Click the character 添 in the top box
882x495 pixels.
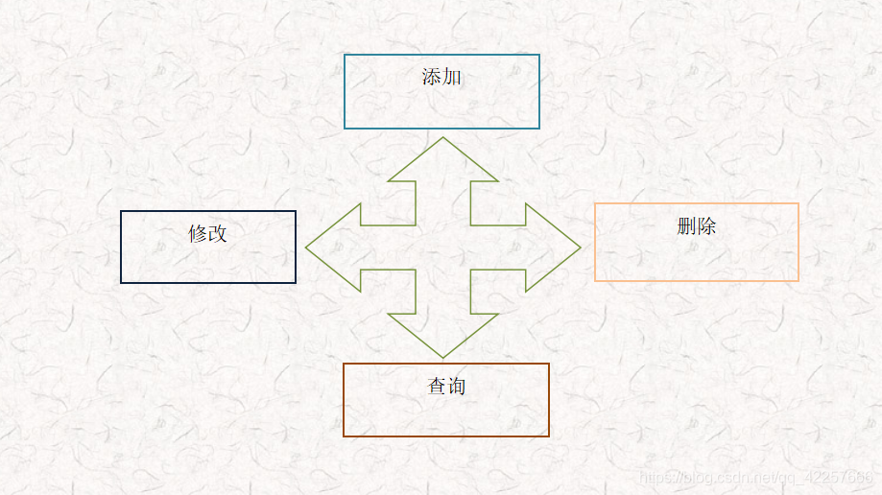432,77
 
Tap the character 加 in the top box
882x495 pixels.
452,77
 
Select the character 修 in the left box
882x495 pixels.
198,233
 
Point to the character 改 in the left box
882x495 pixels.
218,233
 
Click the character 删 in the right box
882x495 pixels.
686,226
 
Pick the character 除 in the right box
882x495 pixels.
706,226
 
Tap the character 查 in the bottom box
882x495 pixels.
437,387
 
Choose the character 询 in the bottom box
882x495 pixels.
457,387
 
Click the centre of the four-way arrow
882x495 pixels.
442,247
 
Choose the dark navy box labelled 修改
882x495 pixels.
208,259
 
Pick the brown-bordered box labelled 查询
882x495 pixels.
446,412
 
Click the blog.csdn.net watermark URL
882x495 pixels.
756,477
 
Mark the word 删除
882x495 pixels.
697,226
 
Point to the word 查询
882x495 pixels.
446,387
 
